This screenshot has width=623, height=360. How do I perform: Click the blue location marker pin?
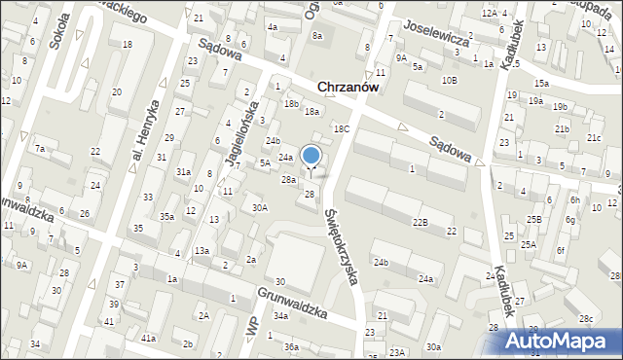click(311, 156)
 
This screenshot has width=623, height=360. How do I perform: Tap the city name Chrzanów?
click(348, 87)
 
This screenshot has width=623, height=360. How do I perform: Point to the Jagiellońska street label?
click(241, 131)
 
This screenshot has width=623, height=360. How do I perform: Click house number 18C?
click(341, 128)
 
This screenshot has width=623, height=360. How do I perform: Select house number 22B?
click(420, 223)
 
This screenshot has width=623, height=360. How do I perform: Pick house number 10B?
click(449, 80)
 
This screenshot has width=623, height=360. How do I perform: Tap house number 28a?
click(288, 180)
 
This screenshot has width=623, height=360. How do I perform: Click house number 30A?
click(259, 207)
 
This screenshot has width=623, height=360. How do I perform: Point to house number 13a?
click(201, 251)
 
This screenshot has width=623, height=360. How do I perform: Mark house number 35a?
click(167, 216)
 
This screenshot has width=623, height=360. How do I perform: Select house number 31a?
click(183, 171)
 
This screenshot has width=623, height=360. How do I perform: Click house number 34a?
click(280, 316)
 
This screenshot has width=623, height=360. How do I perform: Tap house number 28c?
click(586, 319)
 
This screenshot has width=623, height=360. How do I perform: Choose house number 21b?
click(562, 129)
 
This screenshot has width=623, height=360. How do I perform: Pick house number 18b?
click(291, 103)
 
